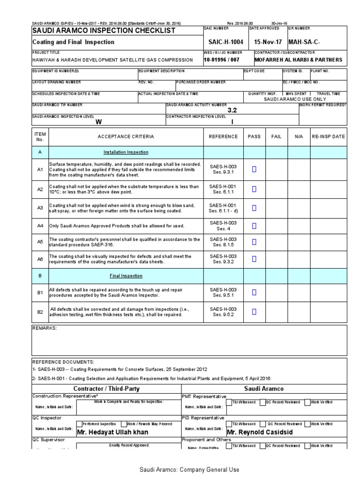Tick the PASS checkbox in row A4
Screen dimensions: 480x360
click(255, 225)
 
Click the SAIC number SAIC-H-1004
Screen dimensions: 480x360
click(223, 42)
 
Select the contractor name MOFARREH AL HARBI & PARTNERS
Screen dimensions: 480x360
click(298, 60)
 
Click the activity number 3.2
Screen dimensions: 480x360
click(232, 111)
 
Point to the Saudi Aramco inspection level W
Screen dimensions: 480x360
click(98, 122)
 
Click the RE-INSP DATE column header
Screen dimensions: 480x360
click(328, 136)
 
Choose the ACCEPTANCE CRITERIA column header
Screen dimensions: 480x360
click(125, 136)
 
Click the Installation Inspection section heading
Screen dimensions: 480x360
click(126, 152)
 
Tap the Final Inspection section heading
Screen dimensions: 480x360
click(126, 276)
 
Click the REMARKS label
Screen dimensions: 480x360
click(44, 328)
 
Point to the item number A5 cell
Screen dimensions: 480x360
click(40, 242)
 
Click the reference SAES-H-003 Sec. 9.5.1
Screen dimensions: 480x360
click(223, 292)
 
